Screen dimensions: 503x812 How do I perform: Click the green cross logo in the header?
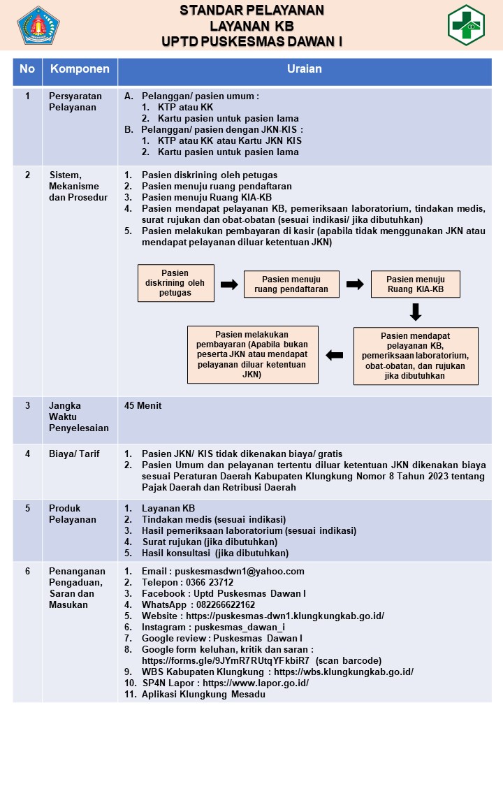pos(466,25)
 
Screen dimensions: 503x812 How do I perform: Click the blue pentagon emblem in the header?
pos(38,25)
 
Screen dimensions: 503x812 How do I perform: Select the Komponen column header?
pos(80,69)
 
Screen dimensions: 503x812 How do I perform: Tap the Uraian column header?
pos(305,69)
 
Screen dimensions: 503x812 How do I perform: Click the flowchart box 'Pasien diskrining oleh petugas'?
pos(176,283)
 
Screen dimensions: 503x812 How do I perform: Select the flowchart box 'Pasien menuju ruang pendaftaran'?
pos(291,284)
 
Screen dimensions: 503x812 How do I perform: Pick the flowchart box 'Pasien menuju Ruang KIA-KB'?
pos(416,284)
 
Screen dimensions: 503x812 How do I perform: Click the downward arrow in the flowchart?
pos(416,312)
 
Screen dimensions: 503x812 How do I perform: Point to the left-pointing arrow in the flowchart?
pos(335,355)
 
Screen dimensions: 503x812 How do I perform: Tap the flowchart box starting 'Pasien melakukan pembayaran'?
pos(252,354)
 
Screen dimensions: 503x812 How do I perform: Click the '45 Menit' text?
pos(143,405)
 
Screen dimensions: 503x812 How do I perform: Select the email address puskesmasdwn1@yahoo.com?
pos(240,571)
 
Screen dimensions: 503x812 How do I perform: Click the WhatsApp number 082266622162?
pos(226,605)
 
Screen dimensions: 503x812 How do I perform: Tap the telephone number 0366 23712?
pos(210,583)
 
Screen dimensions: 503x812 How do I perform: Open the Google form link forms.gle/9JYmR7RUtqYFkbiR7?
pos(226,661)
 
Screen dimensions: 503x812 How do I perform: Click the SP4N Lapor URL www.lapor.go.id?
pos(256,683)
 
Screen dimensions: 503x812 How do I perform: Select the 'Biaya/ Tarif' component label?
pos(74,454)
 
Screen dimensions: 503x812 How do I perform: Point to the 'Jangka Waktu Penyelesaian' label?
pos(79,417)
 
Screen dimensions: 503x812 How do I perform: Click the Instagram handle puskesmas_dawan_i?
pos(240,627)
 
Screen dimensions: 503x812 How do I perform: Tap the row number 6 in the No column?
pos(27,571)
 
